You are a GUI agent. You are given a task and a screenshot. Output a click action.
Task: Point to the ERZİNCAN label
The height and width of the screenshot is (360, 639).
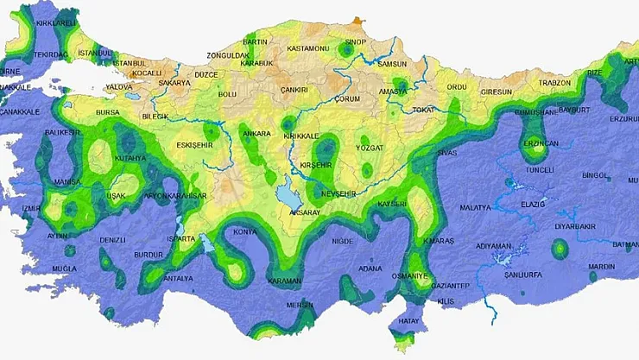pos(540,142)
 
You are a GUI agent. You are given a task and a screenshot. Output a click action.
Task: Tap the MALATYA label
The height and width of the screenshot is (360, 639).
pos(475,208)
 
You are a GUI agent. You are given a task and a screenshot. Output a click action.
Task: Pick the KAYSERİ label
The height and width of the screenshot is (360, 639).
pos(391,203)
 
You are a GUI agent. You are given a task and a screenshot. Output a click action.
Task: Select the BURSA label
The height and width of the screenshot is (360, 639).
pos(108,112)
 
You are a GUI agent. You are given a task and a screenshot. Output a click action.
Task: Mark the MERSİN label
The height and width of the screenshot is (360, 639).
pos(300,304)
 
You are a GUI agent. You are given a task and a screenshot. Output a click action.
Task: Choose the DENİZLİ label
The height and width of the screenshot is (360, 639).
pos(112,240)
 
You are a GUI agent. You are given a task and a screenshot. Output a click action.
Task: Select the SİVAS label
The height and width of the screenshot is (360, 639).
pos(446,152)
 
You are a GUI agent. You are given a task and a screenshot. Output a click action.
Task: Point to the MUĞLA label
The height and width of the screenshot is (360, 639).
pos(64,268)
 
